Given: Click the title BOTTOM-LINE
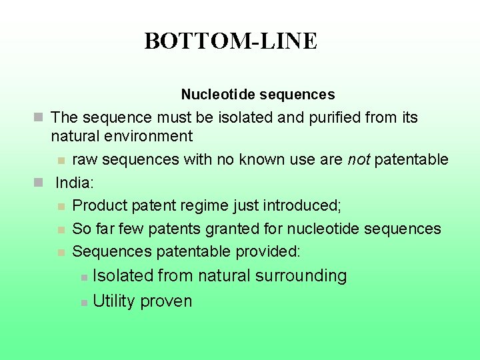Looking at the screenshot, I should click(231, 41).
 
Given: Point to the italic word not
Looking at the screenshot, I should click(357, 159).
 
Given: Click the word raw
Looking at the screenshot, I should click(84, 159).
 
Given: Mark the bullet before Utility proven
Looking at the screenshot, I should click(83, 303).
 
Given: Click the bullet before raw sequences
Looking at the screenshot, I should click(61, 161).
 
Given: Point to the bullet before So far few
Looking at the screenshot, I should click(61, 230).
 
